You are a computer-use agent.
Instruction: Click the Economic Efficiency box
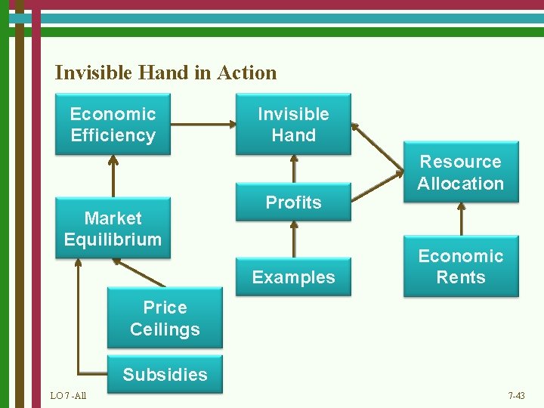click(x=113, y=125)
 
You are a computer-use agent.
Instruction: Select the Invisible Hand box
click(x=293, y=125)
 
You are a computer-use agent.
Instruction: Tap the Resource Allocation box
click(x=460, y=172)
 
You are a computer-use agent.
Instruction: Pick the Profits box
click(x=293, y=202)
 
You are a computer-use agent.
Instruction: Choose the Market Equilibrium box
click(x=113, y=229)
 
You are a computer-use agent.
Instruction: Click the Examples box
click(x=293, y=277)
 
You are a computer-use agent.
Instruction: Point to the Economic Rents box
click(x=460, y=267)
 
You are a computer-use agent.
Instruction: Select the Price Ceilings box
click(x=165, y=318)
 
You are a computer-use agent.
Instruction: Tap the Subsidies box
click(x=165, y=375)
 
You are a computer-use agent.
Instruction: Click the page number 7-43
click(x=516, y=396)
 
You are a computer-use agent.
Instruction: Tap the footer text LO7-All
click(x=68, y=396)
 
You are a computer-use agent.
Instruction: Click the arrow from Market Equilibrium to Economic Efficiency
click(x=113, y=177)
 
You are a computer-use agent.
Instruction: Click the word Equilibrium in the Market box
click(x=113, y=240)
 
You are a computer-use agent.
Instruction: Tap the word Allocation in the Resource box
click(x=460, y=184)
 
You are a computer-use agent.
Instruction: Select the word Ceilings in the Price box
click(x=165, y=329)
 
